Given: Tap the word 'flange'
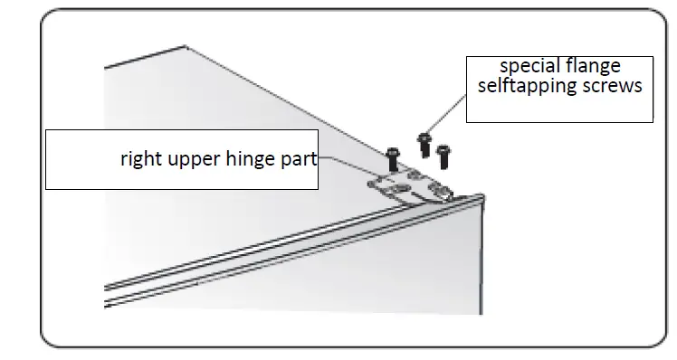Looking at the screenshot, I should tap(598, 68).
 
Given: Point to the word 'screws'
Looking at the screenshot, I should tap(611, 87).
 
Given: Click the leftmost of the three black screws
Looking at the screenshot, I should tap(393, 158).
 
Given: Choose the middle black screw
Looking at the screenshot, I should tap(423, 142).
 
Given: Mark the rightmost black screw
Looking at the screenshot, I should tap(443, 154).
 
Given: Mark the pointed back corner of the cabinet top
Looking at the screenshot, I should tap(186, 46).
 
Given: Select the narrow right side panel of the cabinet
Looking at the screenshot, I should tap(480, 262).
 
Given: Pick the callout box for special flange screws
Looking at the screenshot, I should tap(558, 109).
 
